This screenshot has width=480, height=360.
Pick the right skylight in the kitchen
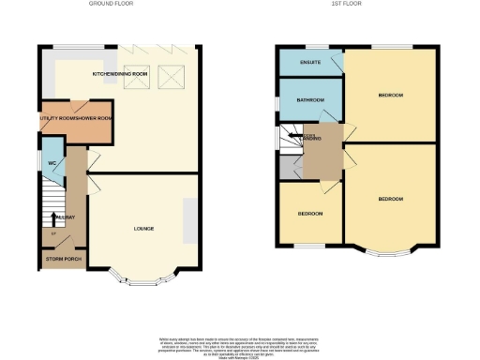click(171, 76)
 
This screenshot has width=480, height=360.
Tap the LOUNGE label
click(143, 228)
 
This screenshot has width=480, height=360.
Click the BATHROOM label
click(310, 100)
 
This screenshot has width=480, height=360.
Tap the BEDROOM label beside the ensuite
click(390, 96)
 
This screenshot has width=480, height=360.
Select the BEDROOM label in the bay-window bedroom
click(390, 200)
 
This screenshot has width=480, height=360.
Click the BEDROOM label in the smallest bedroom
click(310, 214)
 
